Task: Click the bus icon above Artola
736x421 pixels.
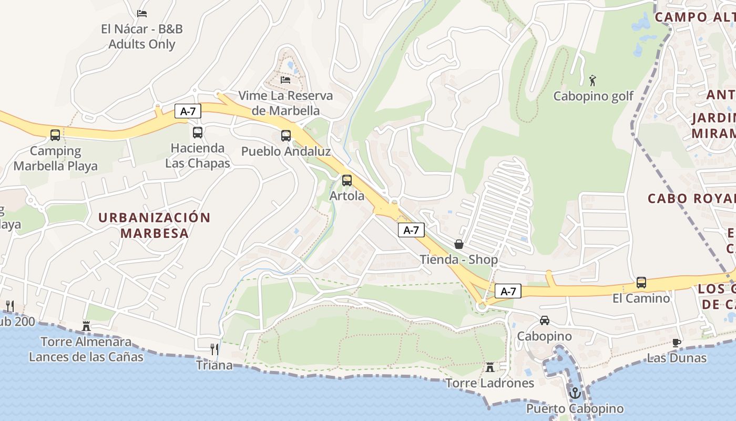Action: (x=347, y=181)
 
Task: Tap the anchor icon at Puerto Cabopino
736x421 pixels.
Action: (x=575, y=393)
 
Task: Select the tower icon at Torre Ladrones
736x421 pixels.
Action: (x=490, y=367)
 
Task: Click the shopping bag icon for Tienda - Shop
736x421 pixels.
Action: (x=459, y=244)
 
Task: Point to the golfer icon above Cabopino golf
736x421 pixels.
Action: (x=593, y=81)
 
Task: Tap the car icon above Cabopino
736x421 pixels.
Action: (x=545, y=320)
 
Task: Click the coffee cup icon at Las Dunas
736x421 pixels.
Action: (x=677, y=343)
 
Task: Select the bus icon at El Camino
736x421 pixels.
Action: (x=641, y=283)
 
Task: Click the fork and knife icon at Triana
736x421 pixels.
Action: (x=214, y=349)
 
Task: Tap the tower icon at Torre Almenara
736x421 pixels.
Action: (x=86, y=326)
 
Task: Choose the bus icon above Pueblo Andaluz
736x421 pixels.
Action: (x=286, y=136)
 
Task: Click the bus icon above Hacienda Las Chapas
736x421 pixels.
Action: (x=198, y=133)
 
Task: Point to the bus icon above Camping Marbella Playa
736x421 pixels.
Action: (x=55, y=135)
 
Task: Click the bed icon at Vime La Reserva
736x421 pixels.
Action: (x=285, y=79)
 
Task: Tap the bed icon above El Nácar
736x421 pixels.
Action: (x=142, y=13)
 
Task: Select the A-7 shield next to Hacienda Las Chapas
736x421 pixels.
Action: (x=188, y=111)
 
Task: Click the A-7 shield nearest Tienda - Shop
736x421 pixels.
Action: (x=411, y=230)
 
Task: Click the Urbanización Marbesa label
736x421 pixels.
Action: (x=154, y=225)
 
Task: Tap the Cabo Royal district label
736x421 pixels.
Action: (x=691, y=198)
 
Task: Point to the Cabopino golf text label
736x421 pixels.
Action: (x=594, y=96)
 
